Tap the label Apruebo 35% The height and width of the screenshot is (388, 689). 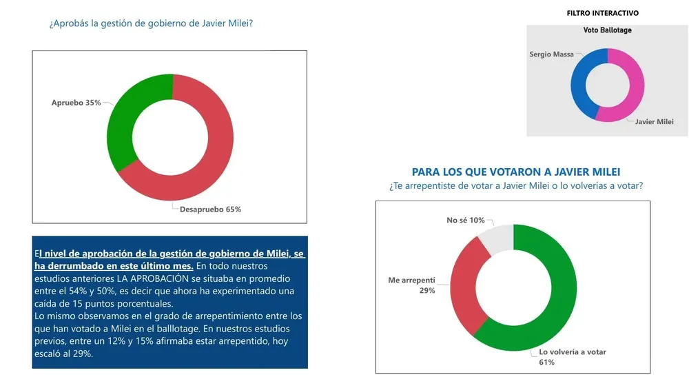(x=76, y=103)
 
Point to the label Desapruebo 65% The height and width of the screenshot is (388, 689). (x=210, y=209)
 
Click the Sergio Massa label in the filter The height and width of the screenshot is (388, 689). (x=551, y=54)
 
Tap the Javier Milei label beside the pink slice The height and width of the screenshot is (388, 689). (x=653, y=121)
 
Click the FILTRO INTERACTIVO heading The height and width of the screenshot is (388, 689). (x=602, y=13)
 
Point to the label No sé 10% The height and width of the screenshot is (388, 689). (x=466, y=221)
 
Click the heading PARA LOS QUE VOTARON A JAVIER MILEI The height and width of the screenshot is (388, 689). (x=520, y=172)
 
